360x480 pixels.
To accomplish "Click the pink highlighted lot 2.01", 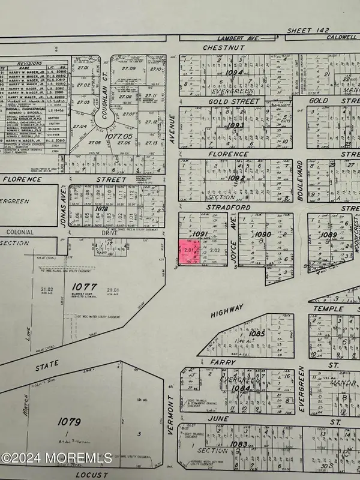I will click(188, 253).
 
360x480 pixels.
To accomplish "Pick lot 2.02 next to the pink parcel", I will click(215, 250).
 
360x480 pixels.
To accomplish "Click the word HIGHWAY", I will click(227, 307).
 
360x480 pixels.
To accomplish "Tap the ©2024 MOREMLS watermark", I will click(56, 457).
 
